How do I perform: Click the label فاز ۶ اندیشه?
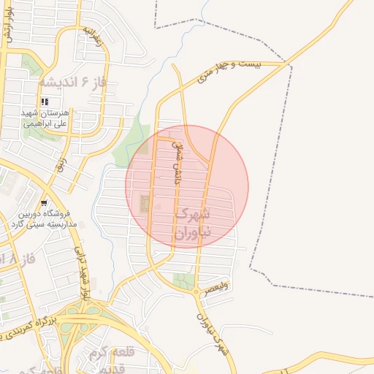pyautogui.click(x=75, y=80)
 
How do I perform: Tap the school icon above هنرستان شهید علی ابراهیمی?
pyautogui.click(x=45, y=102)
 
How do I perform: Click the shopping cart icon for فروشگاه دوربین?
pyautogui.click(x=45, y=202)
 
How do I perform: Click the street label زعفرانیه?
pyautogui.click(x=96, y=39)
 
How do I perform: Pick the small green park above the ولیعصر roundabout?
pyautogui.click(x=182, y=280)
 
